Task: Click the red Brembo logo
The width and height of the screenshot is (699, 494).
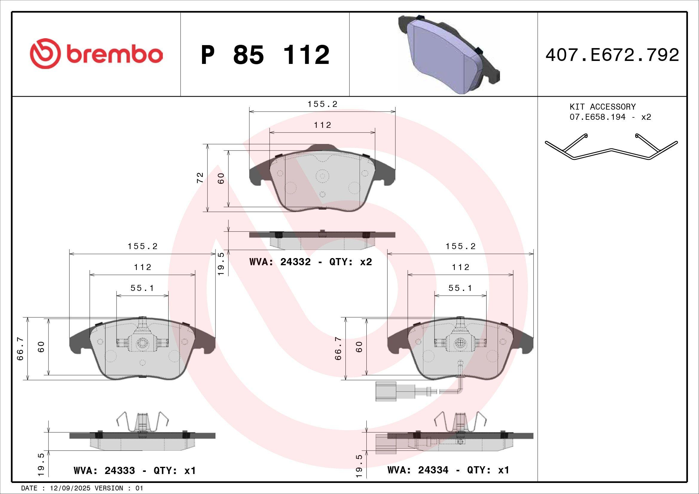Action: [96, 53]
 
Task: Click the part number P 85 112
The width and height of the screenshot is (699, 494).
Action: [265, 55]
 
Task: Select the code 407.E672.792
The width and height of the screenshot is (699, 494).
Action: [612, 55]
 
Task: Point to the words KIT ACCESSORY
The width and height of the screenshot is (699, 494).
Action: [602, 107]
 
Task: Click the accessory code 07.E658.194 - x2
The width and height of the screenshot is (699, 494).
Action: [610, 117]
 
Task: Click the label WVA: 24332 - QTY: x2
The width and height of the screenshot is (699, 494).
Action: [311, 262]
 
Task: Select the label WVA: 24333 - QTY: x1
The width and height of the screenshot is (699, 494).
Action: [134, 470]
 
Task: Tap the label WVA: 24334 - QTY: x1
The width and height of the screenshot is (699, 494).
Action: [448, 470]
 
